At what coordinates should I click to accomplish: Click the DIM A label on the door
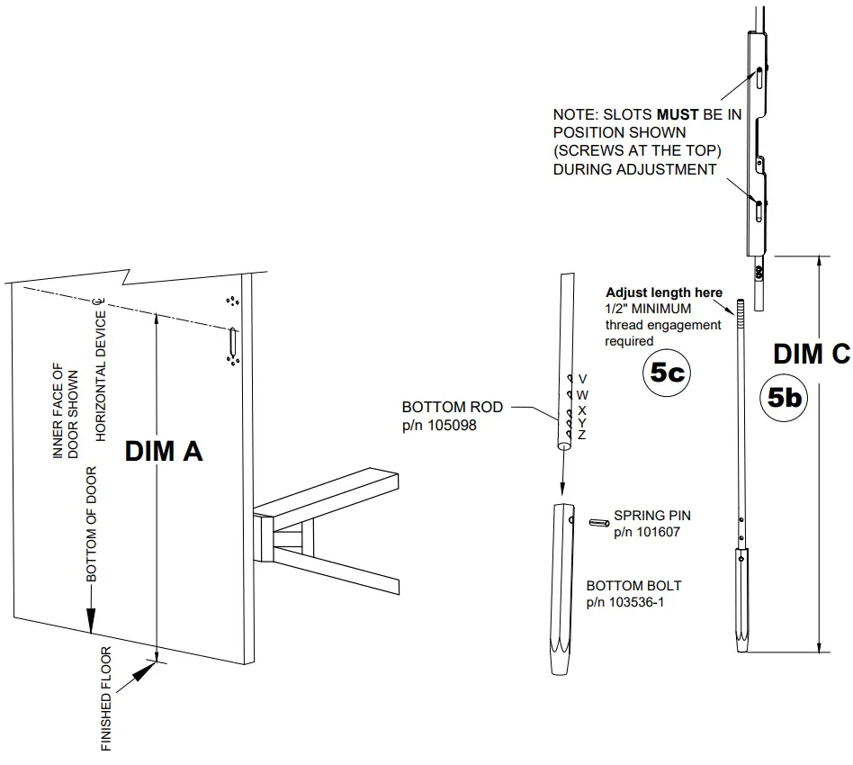pyautogui.click(x=164, y=451)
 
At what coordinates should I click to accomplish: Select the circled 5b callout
pyautogui.click(x=786, y=397)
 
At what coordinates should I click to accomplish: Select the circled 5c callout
pyautogui.click(x=667, y=373)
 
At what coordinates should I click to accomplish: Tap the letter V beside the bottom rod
pyautogui.click(x=582, y=379)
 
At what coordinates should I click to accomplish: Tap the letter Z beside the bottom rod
pyautogui.click(x=582, y=436)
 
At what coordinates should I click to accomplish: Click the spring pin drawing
pyautogui.click(x=597, y=521)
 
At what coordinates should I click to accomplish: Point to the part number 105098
pyautogui.click(x=440, y=425)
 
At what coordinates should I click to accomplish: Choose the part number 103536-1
pyautogui.click(x=625, y=601)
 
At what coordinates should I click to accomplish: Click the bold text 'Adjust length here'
pyautogui.click(x=663, y=292)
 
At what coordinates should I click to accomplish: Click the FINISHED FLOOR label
pyautogui.click(x=106, y=700)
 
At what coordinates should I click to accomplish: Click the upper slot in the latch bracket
pyautogui.click(x=760, y=77)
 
